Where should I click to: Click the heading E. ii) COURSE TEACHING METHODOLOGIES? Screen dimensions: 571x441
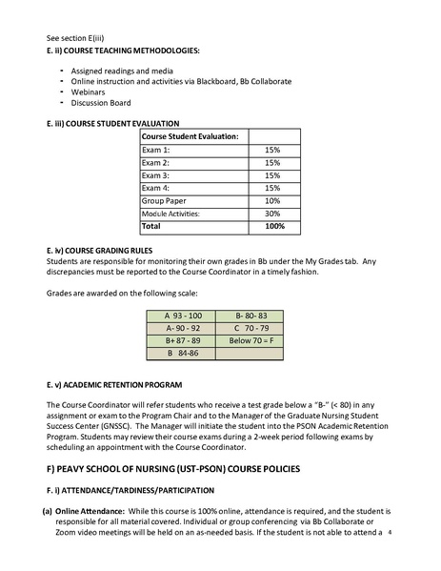(123, 49)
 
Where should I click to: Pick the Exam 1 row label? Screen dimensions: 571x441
(156, 151)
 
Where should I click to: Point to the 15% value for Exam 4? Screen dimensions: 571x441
(271, 188)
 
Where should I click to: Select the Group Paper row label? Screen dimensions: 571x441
(166, 201)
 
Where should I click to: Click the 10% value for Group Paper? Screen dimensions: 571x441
(271, 201)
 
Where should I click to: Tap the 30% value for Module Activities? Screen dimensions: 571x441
(271, 214)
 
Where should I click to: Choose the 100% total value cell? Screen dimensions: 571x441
(273, 227)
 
